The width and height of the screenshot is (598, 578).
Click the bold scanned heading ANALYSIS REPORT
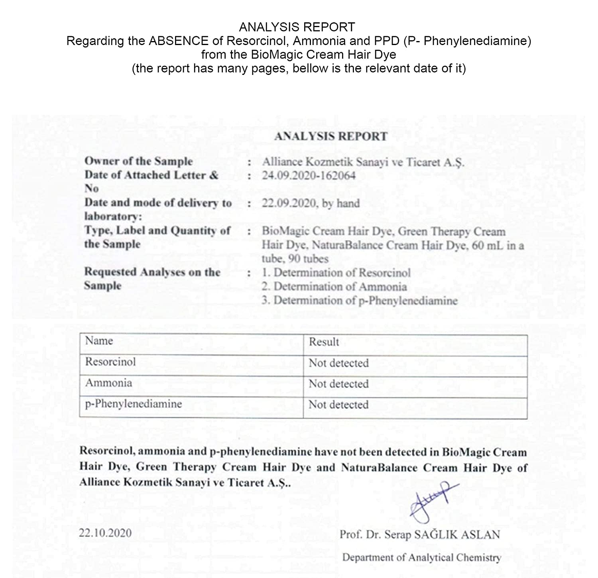[331, 136]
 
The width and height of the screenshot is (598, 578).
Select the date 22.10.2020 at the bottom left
[105, 533]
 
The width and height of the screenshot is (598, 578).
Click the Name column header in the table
[99, 341]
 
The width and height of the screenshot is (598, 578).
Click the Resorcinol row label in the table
[110, 362]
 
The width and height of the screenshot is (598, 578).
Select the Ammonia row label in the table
[108, 383]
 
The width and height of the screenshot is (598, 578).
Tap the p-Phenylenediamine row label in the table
[134, 404]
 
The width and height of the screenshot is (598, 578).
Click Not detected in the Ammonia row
[338, 384]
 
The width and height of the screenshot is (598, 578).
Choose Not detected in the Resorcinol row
[338, 363]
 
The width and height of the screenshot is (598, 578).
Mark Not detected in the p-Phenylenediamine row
[338, 405]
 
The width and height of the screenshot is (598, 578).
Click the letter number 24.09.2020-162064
[309, 175]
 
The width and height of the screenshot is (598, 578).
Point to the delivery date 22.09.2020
[289, 203]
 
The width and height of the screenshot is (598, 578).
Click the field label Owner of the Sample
[138, 161]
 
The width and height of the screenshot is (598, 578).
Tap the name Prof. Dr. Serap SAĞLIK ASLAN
[419, 535]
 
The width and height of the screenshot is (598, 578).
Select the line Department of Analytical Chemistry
[421, 557]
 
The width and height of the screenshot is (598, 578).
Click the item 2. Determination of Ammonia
[334, 287]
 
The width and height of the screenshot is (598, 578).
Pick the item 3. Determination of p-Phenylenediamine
[360, 301]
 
